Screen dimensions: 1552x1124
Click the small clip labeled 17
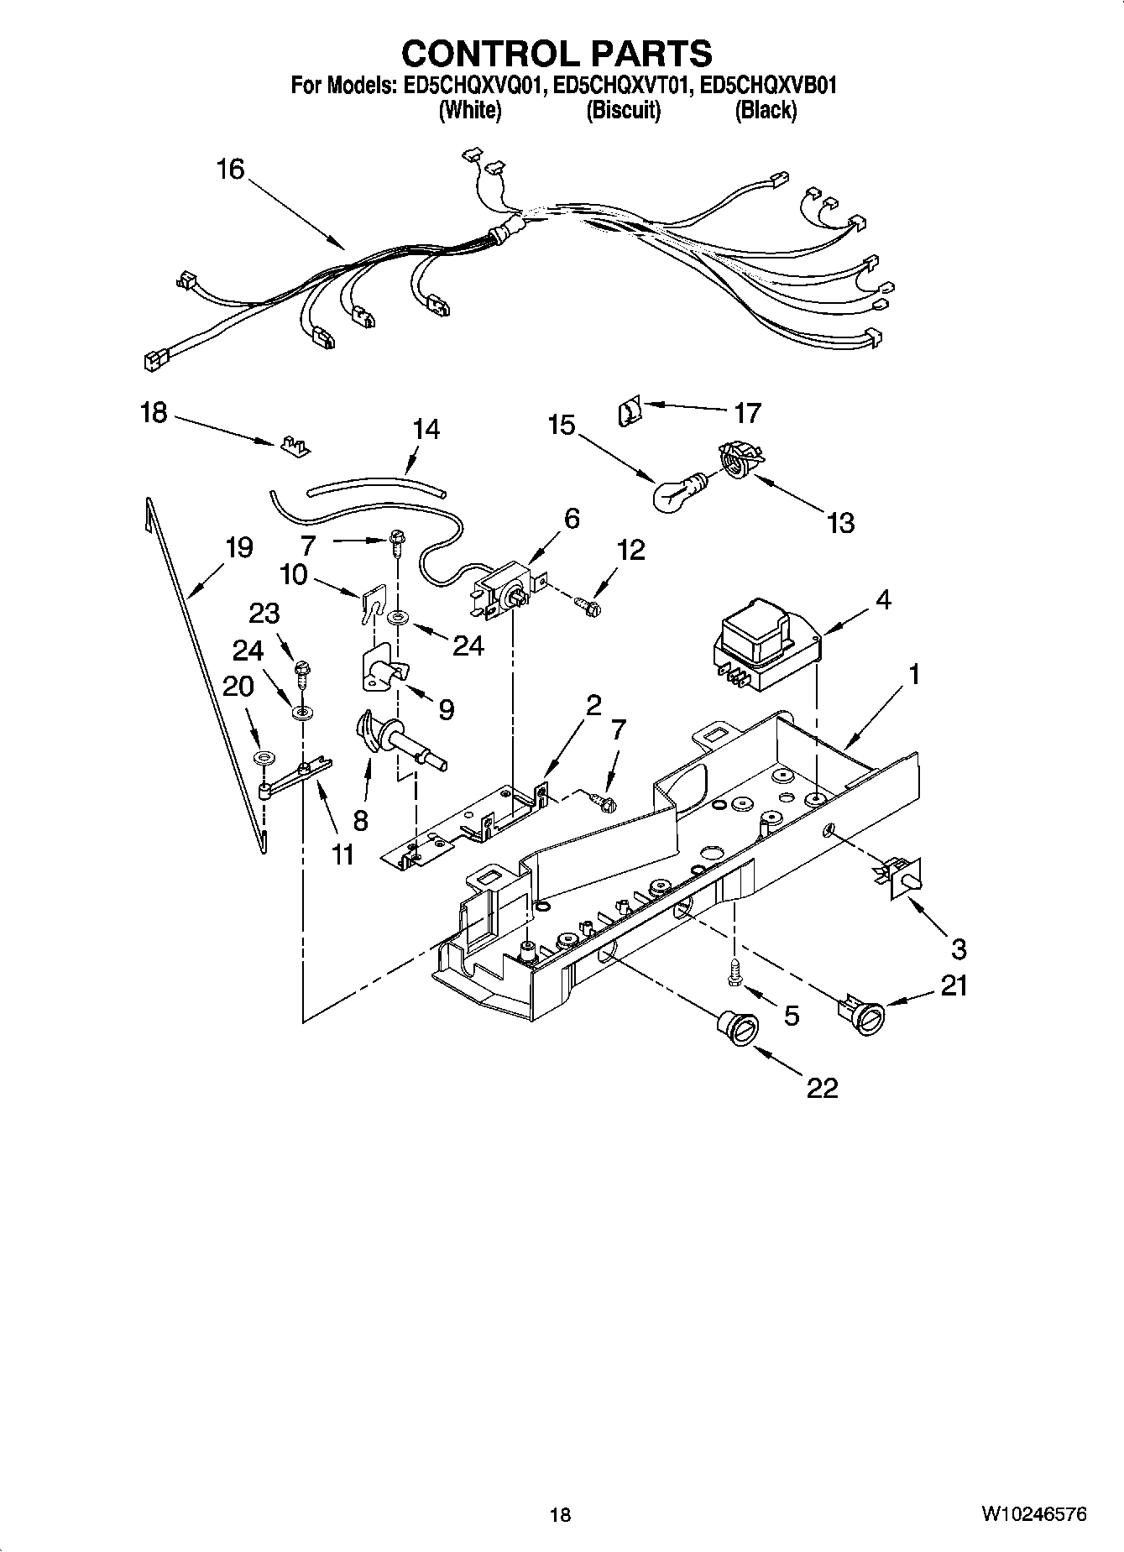[x=629, y=412]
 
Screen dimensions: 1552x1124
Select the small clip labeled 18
[x=293, y=445]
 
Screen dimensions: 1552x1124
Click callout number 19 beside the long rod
[x=239, y=548]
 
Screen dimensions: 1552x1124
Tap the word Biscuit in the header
[x=623, y=110]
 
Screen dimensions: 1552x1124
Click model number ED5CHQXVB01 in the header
[x=767, y=85]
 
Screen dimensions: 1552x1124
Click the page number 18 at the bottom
[x=560, y=1515]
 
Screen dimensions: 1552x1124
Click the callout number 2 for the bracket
[x=593, y=705]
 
